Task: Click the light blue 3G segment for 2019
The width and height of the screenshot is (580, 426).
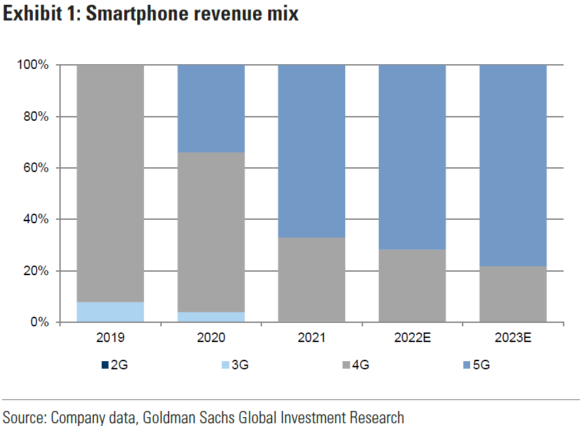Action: coord(111,312)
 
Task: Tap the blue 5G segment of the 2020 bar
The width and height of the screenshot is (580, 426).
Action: coord(211,109)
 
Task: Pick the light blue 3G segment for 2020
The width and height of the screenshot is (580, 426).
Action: coord(211,317)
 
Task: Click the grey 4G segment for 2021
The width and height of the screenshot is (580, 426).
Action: coord(312,279)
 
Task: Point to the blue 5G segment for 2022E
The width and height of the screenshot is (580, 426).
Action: coord(412,156)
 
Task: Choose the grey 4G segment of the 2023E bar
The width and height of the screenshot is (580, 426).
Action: coord(513,294)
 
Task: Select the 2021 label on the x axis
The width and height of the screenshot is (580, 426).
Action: coord(312,337)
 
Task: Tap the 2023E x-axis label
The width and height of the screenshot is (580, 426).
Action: coord(513,337)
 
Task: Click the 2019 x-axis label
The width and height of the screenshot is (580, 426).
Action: coord(111,337)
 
